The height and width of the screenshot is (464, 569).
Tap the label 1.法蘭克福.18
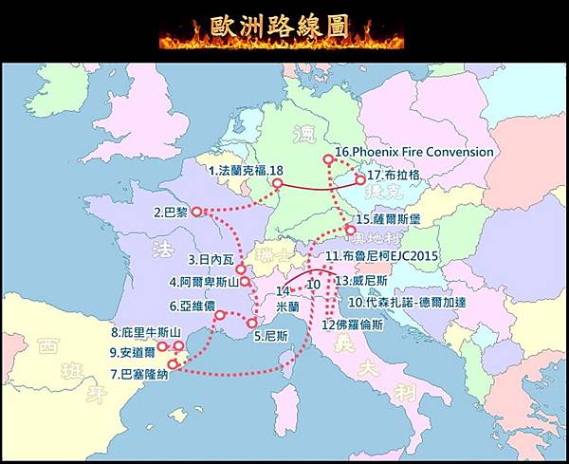pos(246,170)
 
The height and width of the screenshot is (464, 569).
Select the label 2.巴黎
pos(171,213)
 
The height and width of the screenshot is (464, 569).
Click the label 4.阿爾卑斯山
pos(203,282)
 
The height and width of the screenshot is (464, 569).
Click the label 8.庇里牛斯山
pos(145,333)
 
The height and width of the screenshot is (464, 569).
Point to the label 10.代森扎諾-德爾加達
pos(411,302)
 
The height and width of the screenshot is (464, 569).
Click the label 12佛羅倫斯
pos(353,324)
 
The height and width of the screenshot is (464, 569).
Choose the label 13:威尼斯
pos(361,282)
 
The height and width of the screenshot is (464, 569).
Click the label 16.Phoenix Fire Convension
pos(414,152)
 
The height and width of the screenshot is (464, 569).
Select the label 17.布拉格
pos(393,175)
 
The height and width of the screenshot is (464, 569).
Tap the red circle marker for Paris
pos(196,213)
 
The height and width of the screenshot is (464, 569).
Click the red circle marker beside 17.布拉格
pos(360,178)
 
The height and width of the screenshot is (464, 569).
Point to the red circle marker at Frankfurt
pos(277,182)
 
